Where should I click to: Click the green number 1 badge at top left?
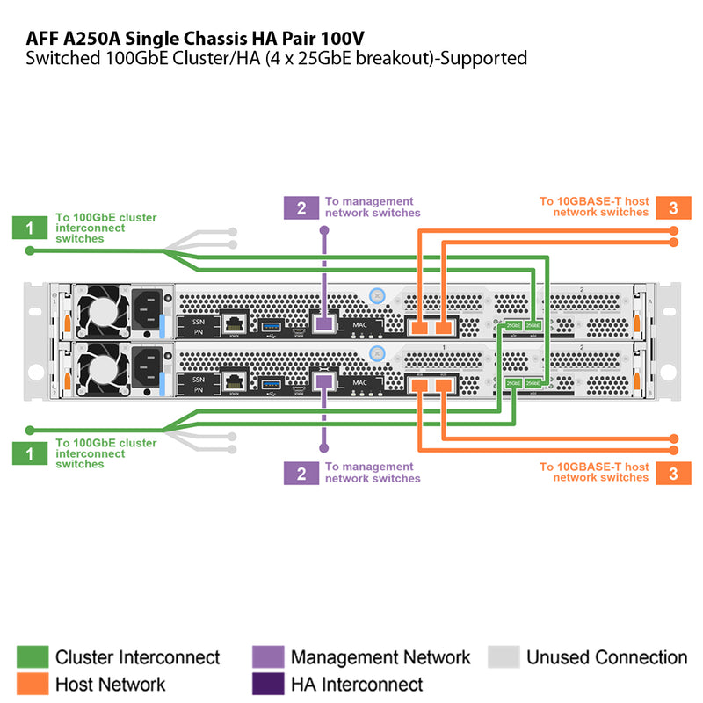[30, 228]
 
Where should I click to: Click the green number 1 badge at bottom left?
[30, 453]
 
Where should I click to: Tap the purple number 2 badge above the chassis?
[301, 207]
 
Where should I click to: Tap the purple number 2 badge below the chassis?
[301, 474]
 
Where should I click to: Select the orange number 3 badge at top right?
[673, 207]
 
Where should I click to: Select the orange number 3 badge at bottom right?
[673, 473]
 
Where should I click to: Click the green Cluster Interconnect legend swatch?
[32, 657]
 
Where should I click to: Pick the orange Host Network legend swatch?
[32, 684]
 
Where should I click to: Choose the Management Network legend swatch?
[267, 657]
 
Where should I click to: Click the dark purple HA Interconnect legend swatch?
[267, 684]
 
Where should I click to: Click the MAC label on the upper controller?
[360, 325]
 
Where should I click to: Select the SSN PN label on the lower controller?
[199, 383]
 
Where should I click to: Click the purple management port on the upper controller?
[323, 325]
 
